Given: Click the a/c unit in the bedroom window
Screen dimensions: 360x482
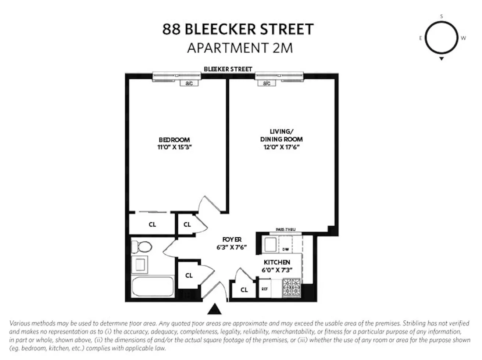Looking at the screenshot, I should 189,83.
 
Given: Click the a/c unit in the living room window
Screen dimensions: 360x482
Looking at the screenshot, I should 267,83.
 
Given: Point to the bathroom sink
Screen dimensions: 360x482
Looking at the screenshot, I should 140,264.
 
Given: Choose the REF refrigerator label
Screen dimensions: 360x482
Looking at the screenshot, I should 265,289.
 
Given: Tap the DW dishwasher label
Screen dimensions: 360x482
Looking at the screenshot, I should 286,249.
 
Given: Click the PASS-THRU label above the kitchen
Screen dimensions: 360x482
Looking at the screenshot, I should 285,230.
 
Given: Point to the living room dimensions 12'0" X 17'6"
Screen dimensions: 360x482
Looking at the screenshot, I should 281,147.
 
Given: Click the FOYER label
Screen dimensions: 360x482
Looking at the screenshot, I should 232,240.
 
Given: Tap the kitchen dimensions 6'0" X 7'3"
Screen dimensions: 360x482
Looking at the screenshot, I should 277,270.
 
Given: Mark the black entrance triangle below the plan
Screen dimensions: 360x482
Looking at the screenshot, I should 214,309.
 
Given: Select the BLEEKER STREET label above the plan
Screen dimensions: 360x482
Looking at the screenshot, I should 228,69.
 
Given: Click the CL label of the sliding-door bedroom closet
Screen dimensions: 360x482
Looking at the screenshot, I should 152,224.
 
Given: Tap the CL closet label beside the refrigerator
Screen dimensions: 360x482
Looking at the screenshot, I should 244,290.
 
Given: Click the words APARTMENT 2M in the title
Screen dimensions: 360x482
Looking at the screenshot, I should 240,48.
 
